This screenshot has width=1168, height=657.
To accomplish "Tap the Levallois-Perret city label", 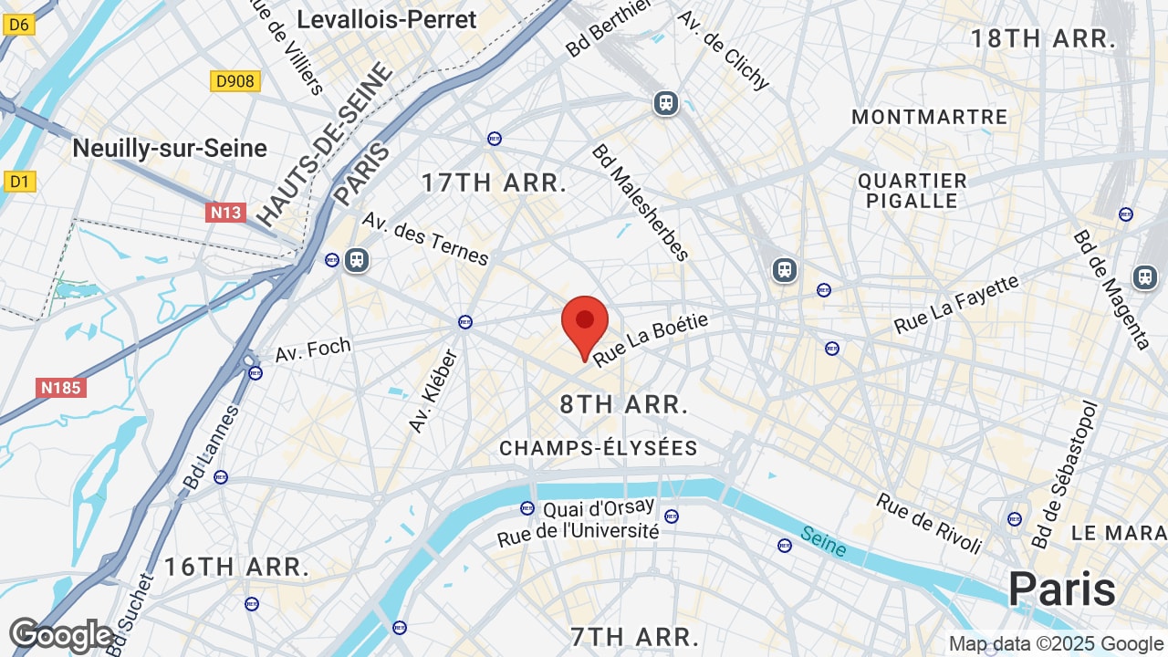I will point(387,20).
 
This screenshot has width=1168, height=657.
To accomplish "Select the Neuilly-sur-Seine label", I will point(170,148).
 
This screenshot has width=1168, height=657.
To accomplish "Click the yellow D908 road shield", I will point(235,81).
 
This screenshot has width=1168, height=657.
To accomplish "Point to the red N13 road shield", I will point(225,213).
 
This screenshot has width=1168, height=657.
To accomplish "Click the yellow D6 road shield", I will point(18,25).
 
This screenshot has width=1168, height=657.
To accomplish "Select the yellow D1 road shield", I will point(19,182).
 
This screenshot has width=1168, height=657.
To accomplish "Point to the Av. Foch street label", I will point(313,349).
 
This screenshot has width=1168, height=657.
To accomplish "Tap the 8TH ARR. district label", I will point(624,404).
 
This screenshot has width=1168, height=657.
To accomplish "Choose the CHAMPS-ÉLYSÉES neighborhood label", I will point(599,448).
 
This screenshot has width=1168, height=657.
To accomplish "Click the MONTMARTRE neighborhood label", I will point(929,117).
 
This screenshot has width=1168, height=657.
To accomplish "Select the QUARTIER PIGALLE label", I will point(912,191).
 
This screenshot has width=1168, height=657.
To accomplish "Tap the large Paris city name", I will point(1062,589).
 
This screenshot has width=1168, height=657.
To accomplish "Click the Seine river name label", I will point(823,540).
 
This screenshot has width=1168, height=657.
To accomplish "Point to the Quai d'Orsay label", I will point(599,507).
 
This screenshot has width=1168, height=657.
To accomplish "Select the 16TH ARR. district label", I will point(236,567).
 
